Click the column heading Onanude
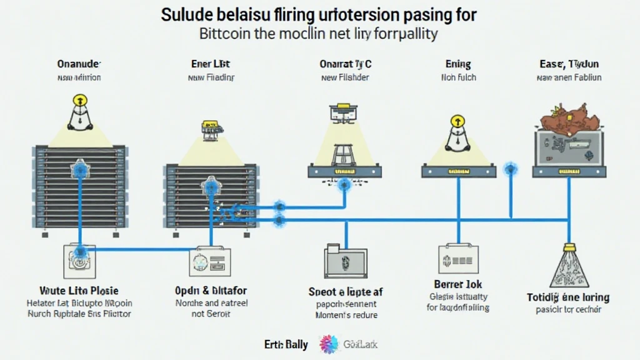pyautogui.click(x=79, y=64)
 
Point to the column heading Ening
pyautogui.click(x=458, y=64)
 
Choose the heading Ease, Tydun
pyautogui.click(x=569, y=64)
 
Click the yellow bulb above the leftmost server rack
pyautogui.click(x=79, y=100)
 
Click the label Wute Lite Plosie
pyautogui.click(x=79, y=291)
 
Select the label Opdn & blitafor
pyautogui.click(x=210, y=291)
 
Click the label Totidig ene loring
pyautogui.click(x=568, y=297)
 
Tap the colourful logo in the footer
pyautogui.click(x=329, y=344)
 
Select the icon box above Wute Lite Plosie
pyautogui.click(x=79, y=261)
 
